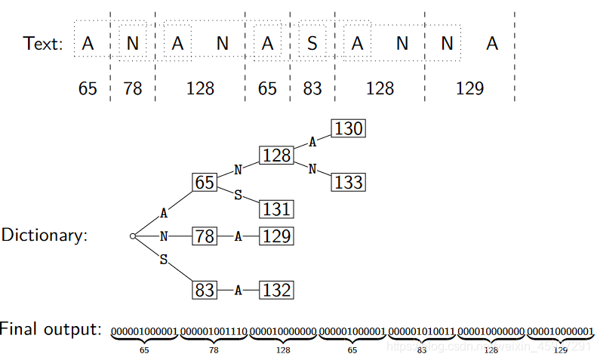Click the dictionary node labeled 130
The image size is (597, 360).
click(348, 129)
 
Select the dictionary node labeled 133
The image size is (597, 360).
click(348, 182)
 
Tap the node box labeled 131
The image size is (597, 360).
click(276, 208)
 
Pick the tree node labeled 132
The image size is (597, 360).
click(276, 290)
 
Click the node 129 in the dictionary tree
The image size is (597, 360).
click(276, 236)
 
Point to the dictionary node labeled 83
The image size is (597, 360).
click(205, 290)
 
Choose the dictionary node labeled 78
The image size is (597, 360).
click(205, 236)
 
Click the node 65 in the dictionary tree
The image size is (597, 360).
click(205, 183)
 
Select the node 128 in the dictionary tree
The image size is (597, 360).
click(276, 155)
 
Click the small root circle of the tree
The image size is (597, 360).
click(133, 236)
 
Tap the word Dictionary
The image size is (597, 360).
click(44, 235)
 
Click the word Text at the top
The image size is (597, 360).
click(42, 44)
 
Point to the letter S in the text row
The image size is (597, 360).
click(312, 44)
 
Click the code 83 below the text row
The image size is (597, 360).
click(312, 88)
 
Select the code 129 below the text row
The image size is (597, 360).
click(469, 88)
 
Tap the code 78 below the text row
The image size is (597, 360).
click(133, 88)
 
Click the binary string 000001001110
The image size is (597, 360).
click(214, 331)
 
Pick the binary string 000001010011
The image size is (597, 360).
click(421, 331)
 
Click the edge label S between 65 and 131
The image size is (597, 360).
click(238, 195)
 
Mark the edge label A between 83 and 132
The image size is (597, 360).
click(238, 290)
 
